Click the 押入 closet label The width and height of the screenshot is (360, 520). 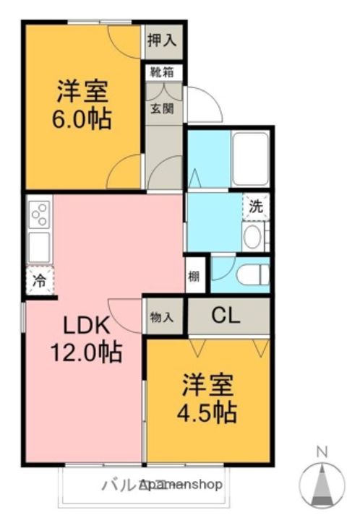[163, 40]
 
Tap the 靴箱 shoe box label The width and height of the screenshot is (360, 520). [163, 72]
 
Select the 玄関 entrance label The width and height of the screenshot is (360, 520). [161, 109]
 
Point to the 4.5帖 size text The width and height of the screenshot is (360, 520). [208, 412]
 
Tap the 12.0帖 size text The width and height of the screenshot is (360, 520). [85, 353]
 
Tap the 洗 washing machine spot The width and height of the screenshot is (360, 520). [256, 205]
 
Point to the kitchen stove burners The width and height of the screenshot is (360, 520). [39, 214]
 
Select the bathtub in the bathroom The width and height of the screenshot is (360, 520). [249, 159]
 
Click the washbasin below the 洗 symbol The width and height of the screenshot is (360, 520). [254, 237]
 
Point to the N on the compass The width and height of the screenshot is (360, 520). [322, 453]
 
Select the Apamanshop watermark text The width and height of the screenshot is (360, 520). [181, 484]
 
